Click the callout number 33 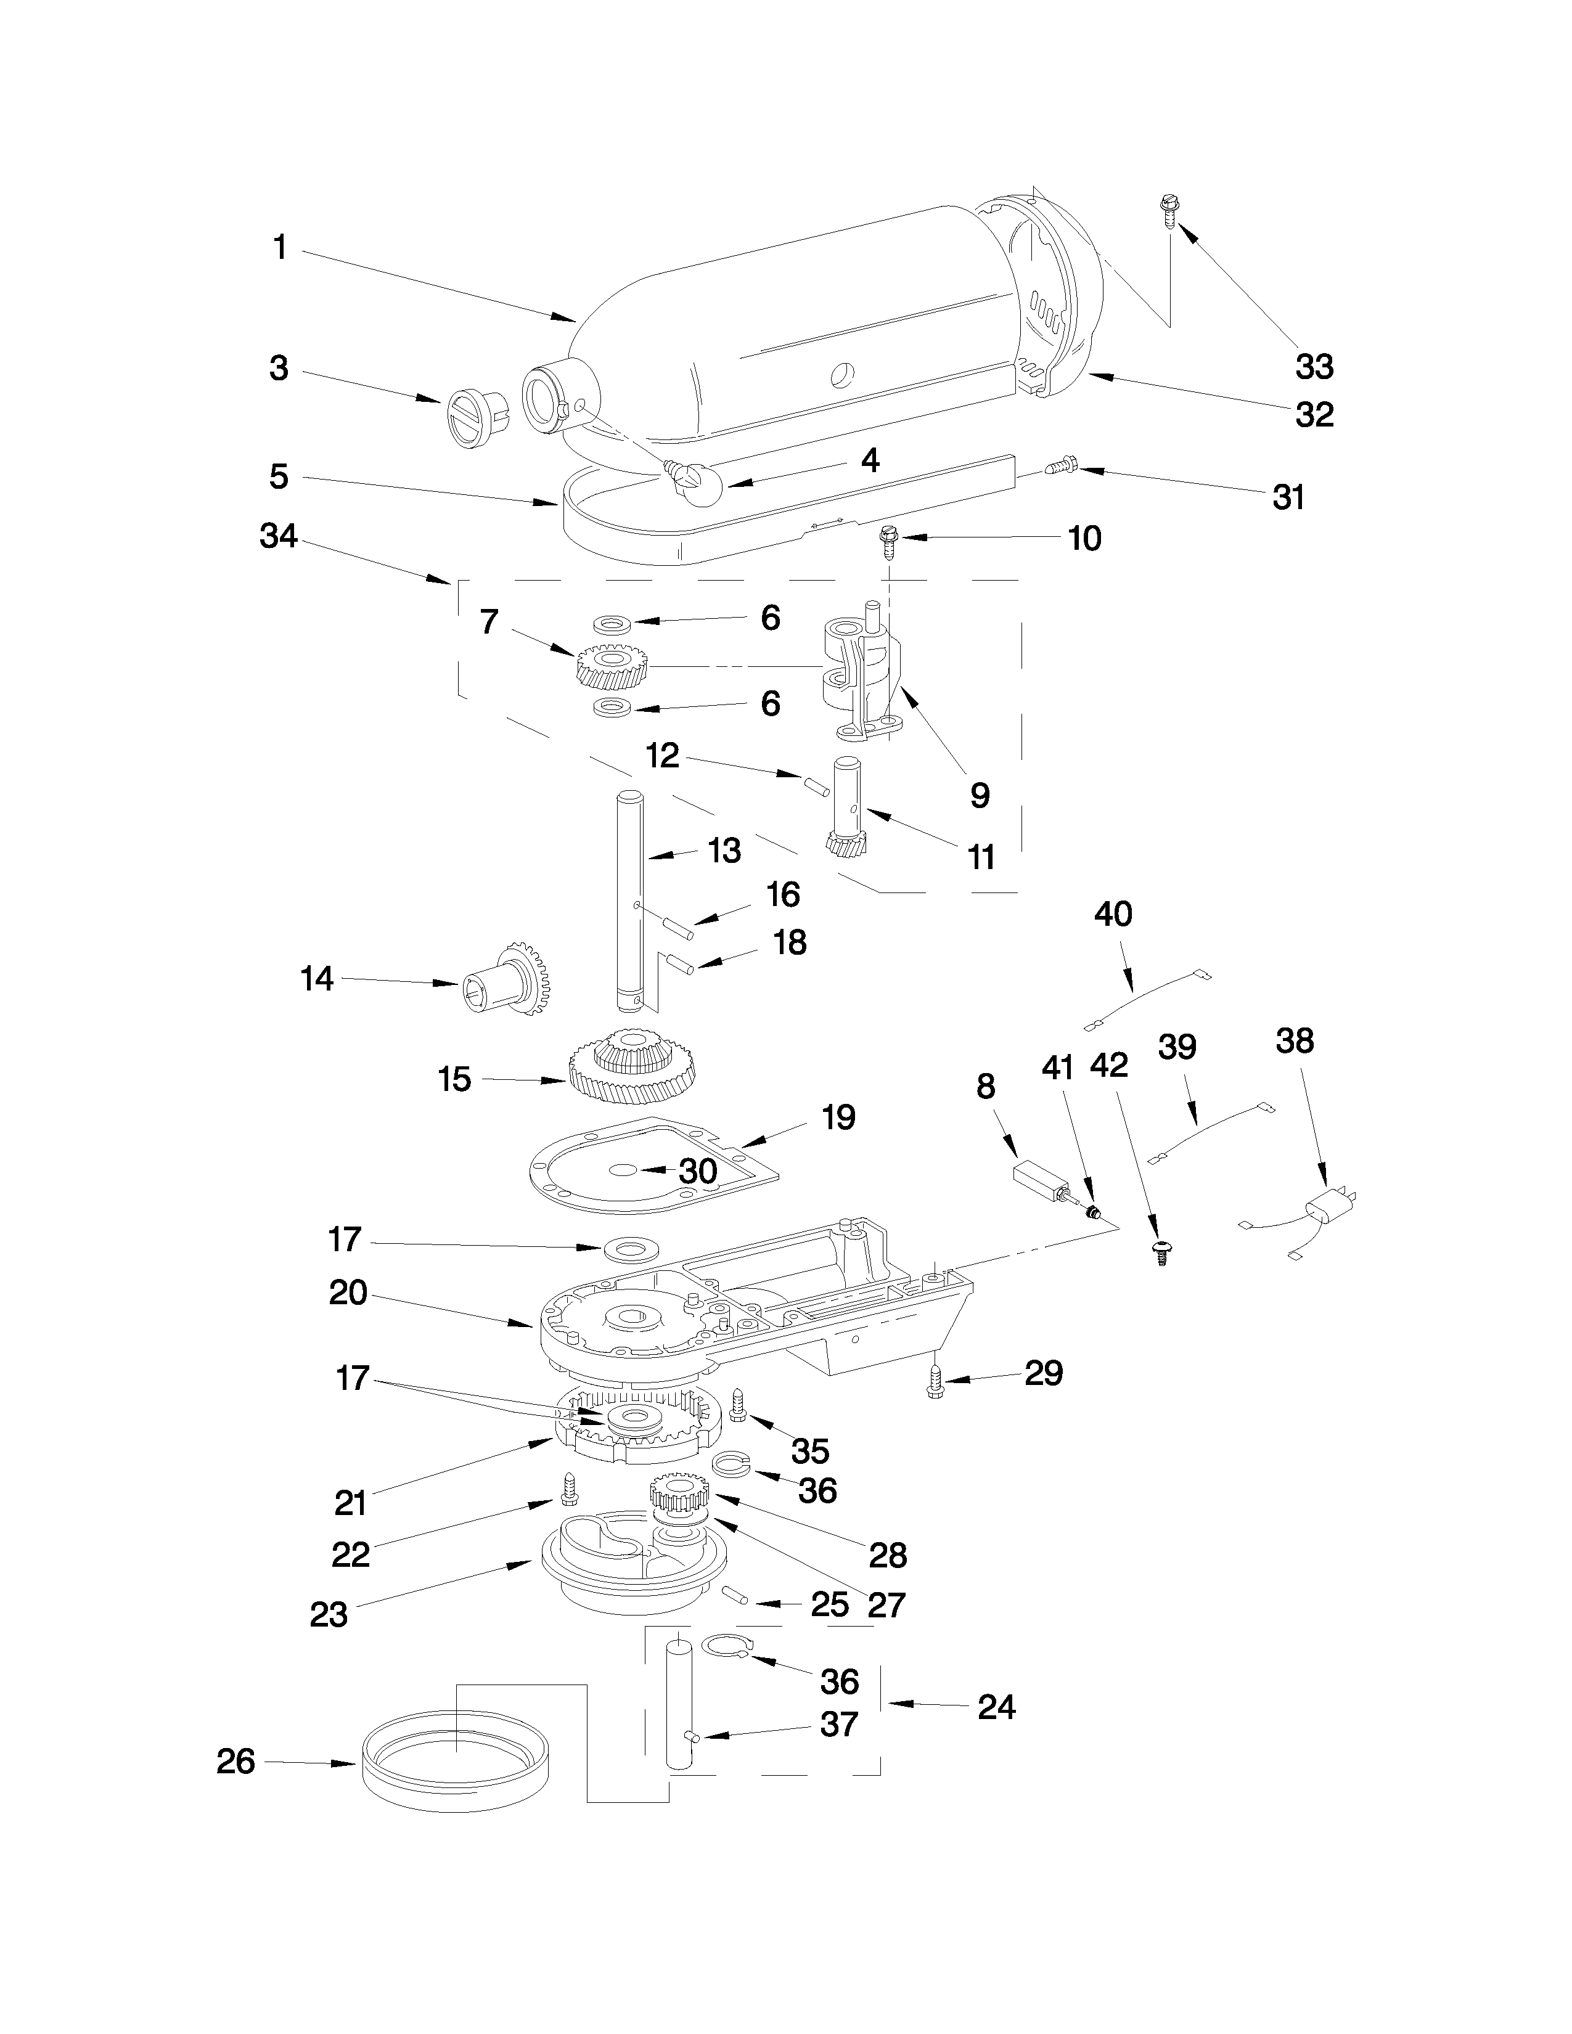1314,366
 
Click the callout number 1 279,248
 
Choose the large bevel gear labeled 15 633,1066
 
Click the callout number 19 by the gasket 838,1117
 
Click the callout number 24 996,1706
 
